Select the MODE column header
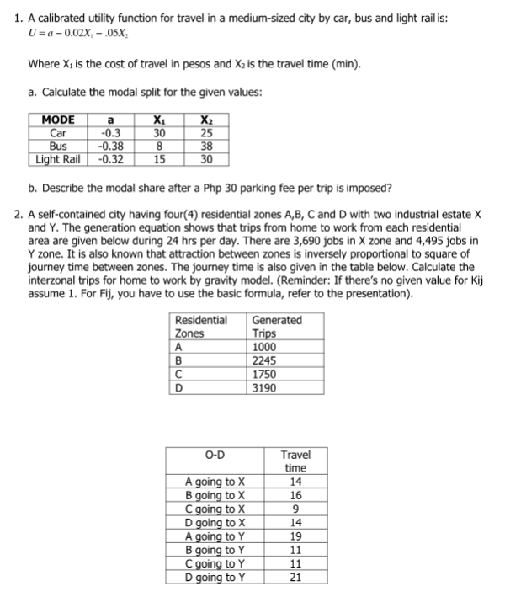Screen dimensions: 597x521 point(57,120)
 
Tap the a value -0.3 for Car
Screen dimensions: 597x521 point(109,132)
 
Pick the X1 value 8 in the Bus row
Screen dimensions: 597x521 point(158,144)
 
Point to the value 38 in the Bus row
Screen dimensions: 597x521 point(207,144)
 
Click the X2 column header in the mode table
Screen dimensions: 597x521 point(207,120)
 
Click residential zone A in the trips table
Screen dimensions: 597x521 point(178,347)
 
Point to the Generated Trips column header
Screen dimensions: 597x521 point(277,327)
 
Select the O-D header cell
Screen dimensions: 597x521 point(215,456)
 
